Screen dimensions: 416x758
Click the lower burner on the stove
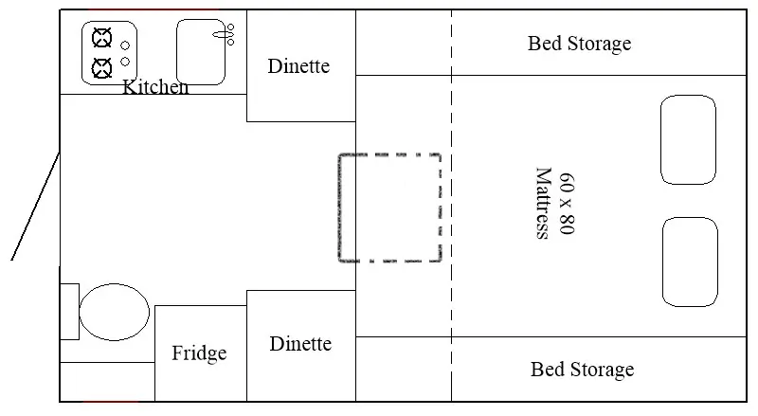pyautogui.click(x=100, y=67)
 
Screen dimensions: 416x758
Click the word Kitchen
pyautogui.click(x=156, y=87)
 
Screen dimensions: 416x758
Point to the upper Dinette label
pyautogui.click(x=298, y=66)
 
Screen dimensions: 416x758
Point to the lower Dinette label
pyautogui.click(x=300, y=344)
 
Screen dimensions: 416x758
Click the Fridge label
pyautogui.click(x=199, y=353)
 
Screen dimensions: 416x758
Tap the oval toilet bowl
pyautogui.click(x=115, y=312)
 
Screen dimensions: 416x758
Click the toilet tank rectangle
pyautogui.click(x=69, y=311)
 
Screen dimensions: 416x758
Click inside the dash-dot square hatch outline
pyautogui.click(x=390, y=208)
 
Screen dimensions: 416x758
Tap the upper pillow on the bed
pyautogui.click(x=688, y=139)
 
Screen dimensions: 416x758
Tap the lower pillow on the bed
pyautogui.click(x=689, y=262)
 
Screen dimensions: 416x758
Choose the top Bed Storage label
pyautogui.click(x=579, y=44)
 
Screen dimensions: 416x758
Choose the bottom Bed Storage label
pyautogui.click(x=582, y=370)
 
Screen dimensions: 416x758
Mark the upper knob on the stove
pyautogui.click(x=125, y=45)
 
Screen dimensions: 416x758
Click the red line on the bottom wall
pyautogui.click(x=110, y=402)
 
